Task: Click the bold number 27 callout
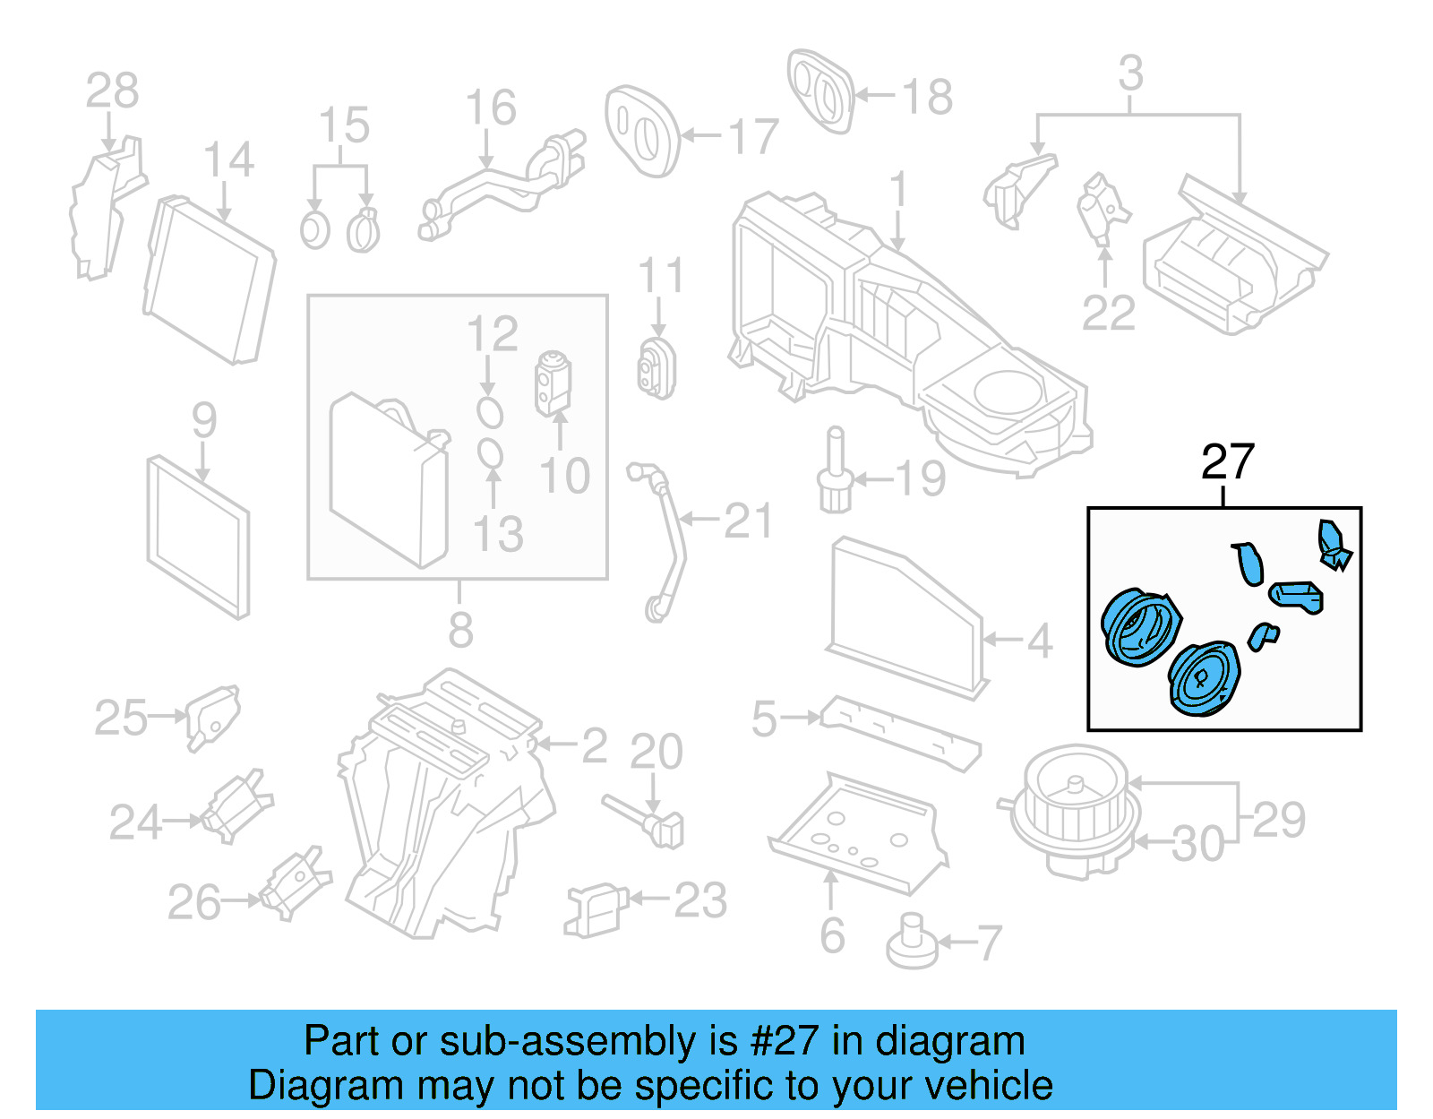(1227, 462)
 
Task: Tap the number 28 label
(112, 90)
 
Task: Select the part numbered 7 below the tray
(912, 943)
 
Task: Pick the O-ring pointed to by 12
(489, 413)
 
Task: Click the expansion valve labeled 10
(553, 383)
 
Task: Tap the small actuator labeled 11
(657, 367)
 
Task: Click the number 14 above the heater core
(228, 160)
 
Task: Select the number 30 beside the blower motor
(1197, 845)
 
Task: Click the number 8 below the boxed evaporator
(460, 631)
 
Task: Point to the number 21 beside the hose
(748, 521)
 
